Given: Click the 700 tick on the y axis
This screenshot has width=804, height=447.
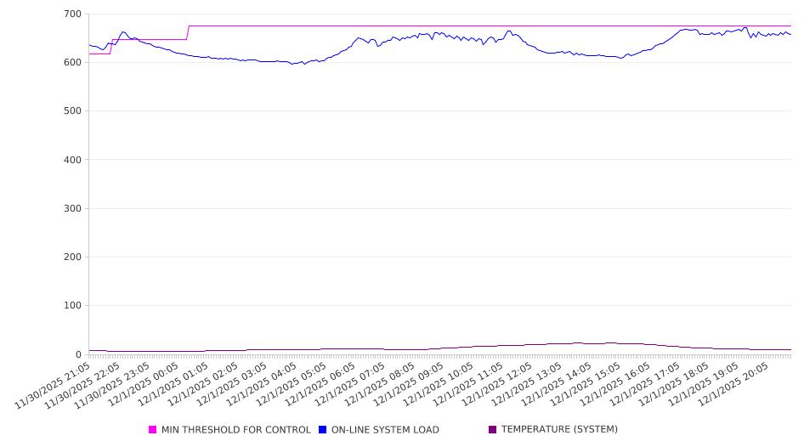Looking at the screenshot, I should click(72, 14).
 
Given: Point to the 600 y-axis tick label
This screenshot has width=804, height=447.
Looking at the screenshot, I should click(72, 63).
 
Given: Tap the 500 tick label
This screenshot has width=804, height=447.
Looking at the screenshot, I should click(72, 111).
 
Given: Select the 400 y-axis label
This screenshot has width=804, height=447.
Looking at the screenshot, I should click(72, 160).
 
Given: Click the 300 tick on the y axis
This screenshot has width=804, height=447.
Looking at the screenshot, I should click(72, 208).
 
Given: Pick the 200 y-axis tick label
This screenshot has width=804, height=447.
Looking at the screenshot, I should click(72, 257).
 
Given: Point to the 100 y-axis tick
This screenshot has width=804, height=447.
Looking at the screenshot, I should click(72, 306).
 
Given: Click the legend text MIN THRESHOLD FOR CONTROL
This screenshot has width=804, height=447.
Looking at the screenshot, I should click(235, 430).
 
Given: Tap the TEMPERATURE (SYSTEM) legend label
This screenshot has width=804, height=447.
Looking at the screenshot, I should click(559, 430).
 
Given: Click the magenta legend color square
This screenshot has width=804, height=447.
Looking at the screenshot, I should click(153, 430).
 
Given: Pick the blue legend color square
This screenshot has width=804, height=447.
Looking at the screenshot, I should click(323, 430).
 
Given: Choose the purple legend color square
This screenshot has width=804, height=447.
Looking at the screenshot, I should click(493, 430).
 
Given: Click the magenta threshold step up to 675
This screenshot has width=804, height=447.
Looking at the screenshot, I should click(188, 32).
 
